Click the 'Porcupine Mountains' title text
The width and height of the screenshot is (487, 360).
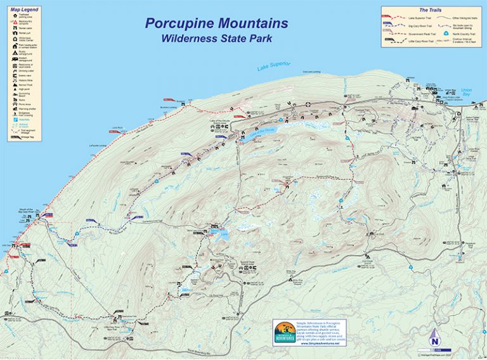coord(216,24)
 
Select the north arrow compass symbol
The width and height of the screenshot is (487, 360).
coord(434,335)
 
